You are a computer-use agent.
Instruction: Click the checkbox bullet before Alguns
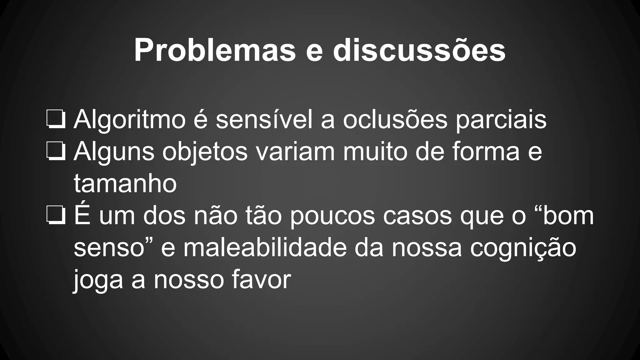[x=56, y=152]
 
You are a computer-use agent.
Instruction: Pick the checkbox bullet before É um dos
[x=56, y=216]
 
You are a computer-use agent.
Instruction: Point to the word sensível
[x=264, y=119]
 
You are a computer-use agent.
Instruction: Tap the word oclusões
[x=395, y=119]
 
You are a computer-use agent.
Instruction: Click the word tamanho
[x=125, y=183]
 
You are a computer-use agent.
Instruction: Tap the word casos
[x=417, y=216]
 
